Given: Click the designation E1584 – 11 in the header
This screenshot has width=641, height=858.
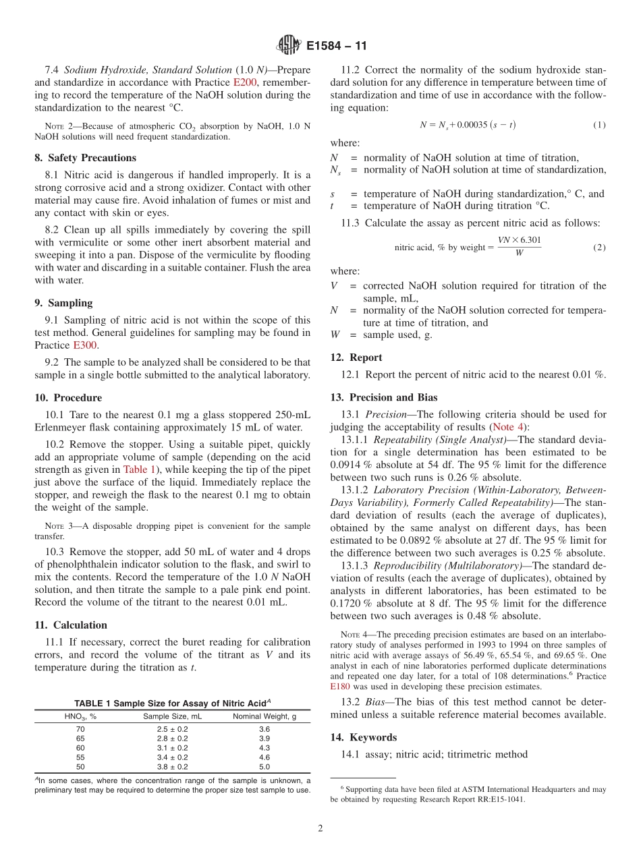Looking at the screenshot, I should pyautogui.click(x=336, y=47).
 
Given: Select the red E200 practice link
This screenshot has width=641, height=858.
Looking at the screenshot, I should pyautogui.click(x=245, y=82).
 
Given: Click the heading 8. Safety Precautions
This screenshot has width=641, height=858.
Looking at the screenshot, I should pyautogui.click(x=86, y=158).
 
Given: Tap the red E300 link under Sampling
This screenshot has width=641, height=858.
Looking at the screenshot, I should pyautogui.click(x=85, y=345).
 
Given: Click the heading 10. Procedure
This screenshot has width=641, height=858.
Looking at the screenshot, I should pyautogui.click(x=68, y=398).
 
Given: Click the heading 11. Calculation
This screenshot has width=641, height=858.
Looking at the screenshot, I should pyautogui.click(x=71, y=625).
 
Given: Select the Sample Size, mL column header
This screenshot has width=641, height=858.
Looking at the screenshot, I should pyautogui.click(x=172, y=716).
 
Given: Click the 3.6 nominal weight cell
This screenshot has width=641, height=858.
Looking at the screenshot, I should pyautogui.click(x=264, y=729).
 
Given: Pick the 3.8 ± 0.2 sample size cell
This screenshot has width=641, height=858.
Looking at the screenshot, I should pyautogui.click(x=172, y=767).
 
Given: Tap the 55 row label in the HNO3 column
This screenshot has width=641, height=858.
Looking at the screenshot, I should pyautogui.click(x=80, y=757).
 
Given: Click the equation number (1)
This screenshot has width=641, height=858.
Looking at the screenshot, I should pyautogui.click(x=599, y=125).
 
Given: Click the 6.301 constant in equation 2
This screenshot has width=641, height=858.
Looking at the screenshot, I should pyautogui.click(x=529, y=240).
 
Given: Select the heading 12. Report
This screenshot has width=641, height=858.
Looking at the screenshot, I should pyautogui.click(x=356, y=357).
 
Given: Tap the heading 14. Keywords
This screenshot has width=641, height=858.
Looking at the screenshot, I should pyautogui.click(x=364, y=737).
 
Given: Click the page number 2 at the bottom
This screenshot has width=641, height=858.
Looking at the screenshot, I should pyautogui.click(x=320, y=829).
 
